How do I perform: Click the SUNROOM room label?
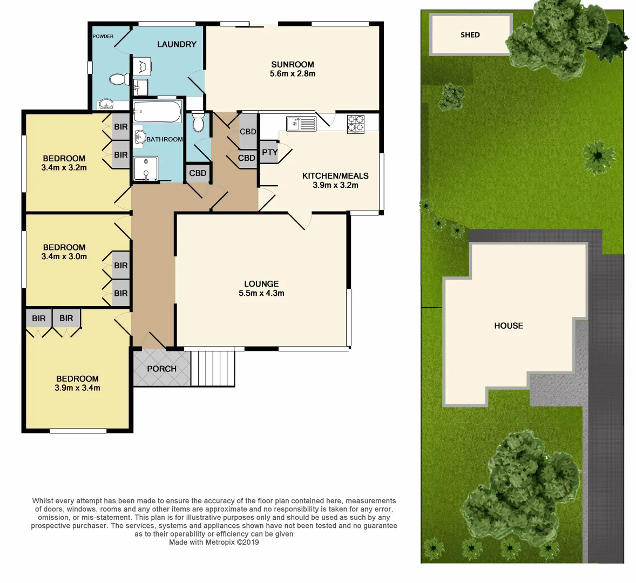click(x=292, y=64)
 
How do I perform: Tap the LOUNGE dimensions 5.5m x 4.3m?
click(x=261, y=293)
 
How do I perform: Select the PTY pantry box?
click(x=269, y=152)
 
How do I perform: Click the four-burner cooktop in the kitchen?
click(x=355, y=124)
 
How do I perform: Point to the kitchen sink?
click(x=301, y=124)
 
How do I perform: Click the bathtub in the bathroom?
click(x=157, y=112)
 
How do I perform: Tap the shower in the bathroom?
click(x=146, y=168)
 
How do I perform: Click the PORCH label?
click(x=161, y=369)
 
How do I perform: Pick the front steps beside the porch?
click(x=213, y=368)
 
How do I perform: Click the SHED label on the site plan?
click(x=470, y=35)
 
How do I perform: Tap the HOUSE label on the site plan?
click(x=509, y=326)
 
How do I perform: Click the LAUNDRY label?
click(x=177, y=44)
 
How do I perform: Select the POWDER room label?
click(x=103, y=36)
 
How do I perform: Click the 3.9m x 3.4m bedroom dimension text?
click(x=77, y=388)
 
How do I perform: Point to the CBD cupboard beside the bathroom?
click(x=198, y=173)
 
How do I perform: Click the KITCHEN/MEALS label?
click(x=335, y=175)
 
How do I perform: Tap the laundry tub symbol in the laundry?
click(x=142, y=67)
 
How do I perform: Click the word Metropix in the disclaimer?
click(x=222, y=542)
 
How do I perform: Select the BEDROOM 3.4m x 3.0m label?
click(x=64, y=252)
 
